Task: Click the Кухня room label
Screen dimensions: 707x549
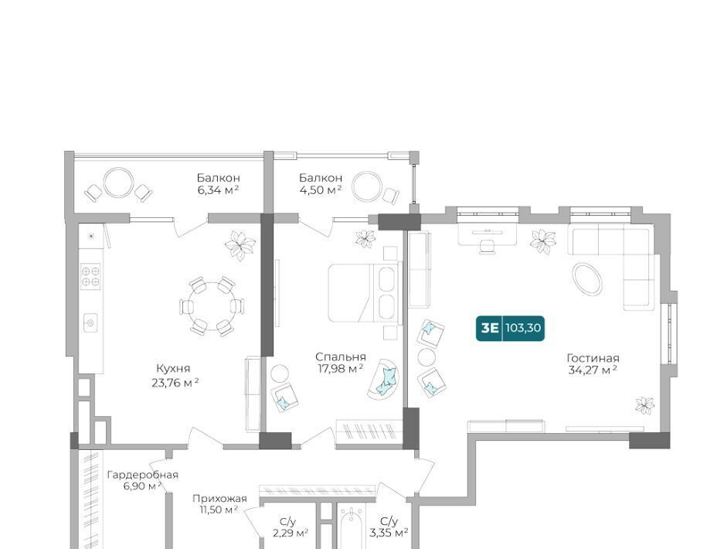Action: click(173, 369)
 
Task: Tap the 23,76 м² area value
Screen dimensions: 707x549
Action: click(175, 383)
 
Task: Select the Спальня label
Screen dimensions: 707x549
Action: click(341, 357)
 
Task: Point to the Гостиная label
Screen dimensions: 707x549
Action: click(593, 359)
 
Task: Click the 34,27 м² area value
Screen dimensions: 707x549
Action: click(593, 370)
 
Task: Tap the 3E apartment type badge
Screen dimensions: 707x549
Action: click(489, 328)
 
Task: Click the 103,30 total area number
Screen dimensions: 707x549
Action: click(523, 328)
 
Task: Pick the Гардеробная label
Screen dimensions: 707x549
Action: click(142, 475)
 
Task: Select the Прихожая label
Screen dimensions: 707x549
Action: click(219, 499)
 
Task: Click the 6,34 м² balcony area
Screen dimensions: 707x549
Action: click(218, 190)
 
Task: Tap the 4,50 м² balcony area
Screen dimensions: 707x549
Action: click(320, 190)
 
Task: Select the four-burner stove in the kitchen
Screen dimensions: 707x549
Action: click(90, 277)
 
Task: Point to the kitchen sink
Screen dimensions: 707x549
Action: click(90, 323)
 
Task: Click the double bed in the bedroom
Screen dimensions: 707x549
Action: click(365, 293)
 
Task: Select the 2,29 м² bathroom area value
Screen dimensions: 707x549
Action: click(291, 534)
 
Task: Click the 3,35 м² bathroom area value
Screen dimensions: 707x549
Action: click(389, 534)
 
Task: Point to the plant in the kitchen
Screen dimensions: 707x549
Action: click(240, 244)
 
